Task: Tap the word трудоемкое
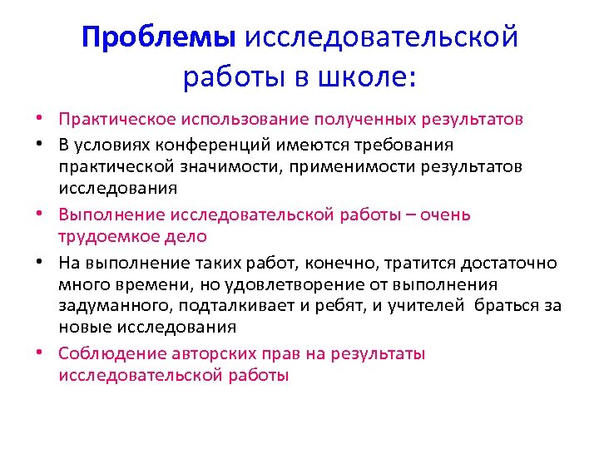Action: (x=106, y=236)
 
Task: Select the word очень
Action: (x=446, y=215)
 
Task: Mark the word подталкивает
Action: (x=232, y=306)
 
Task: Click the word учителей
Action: (x=423, y=306)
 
